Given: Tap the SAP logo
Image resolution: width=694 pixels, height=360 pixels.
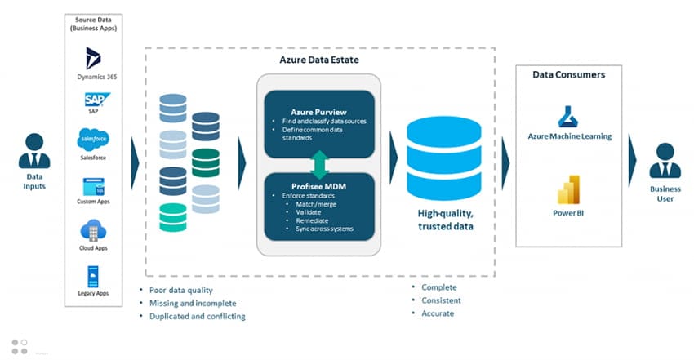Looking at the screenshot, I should tap(92, 100).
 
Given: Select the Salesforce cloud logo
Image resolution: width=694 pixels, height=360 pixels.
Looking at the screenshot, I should tap(92, 137).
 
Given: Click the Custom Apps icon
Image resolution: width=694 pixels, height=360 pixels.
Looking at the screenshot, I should tap(92, 184).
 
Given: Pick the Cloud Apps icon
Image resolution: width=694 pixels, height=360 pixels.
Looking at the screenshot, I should tap(92, 229).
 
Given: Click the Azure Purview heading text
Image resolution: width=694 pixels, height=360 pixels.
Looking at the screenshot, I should tap(319, 110).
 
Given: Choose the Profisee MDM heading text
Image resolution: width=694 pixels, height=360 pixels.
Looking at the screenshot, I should tap(319, 187).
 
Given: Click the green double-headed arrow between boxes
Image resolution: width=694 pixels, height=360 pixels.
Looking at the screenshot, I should tap(319, 163).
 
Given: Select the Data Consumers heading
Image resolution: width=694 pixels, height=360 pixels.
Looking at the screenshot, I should tap(568, 74).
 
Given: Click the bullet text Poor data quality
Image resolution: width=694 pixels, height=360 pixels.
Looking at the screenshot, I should tap(181, 290).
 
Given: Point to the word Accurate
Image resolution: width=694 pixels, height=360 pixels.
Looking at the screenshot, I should tap(438, 313).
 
